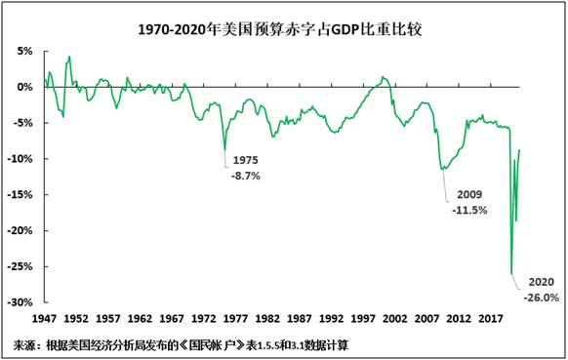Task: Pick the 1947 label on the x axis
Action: [45, 318]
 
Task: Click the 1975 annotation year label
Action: [245, 160]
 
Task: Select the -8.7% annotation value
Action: [245, 176]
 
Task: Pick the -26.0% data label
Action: [542, 297]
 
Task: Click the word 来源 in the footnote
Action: [27, 344]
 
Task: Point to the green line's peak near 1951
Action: [69, 57]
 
